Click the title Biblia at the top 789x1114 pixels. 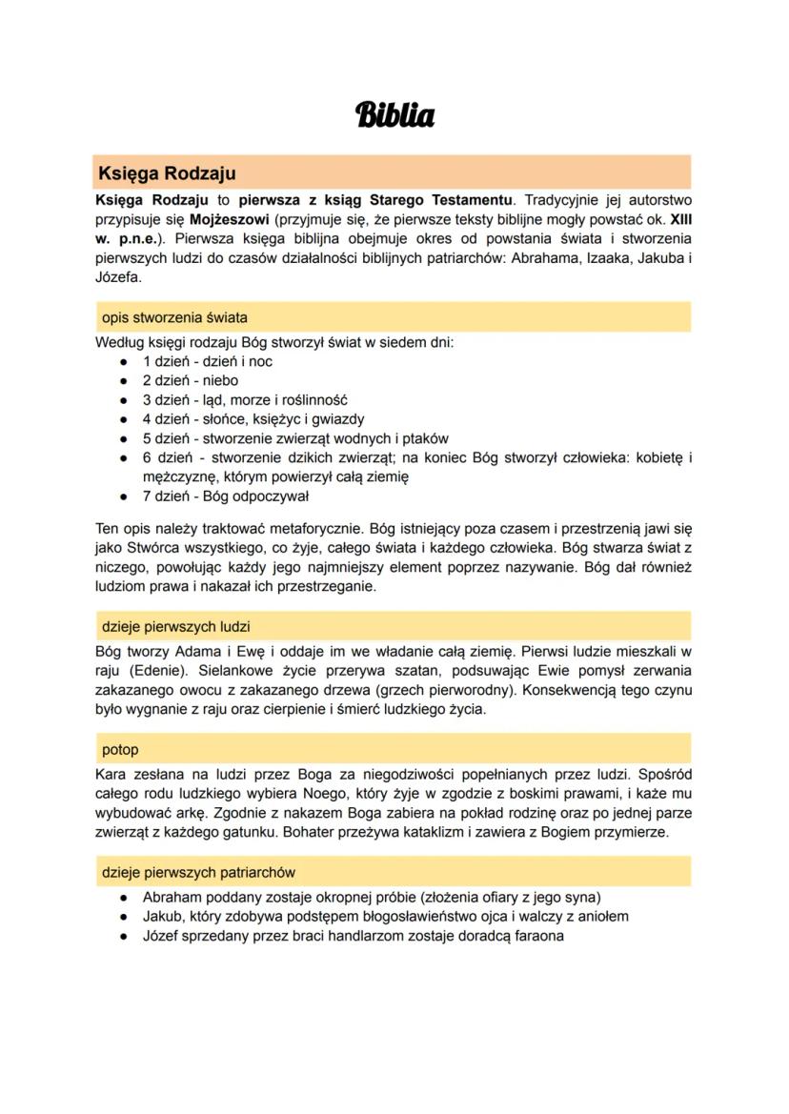[394, 115]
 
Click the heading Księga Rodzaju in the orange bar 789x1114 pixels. [167, 173]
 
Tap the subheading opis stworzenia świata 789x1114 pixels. [174, 317]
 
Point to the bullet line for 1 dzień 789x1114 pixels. [208, 361]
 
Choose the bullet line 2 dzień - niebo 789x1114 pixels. [190, 380]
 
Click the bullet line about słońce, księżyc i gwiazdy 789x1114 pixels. [253, 418]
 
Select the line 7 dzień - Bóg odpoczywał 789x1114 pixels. [225, 496]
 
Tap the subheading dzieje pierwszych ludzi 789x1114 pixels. [176, 626]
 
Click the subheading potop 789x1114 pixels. [120, 749]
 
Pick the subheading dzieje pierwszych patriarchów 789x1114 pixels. [198, 872]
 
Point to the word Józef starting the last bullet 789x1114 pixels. [161, 935]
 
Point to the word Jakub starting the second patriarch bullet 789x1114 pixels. [162, 916]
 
